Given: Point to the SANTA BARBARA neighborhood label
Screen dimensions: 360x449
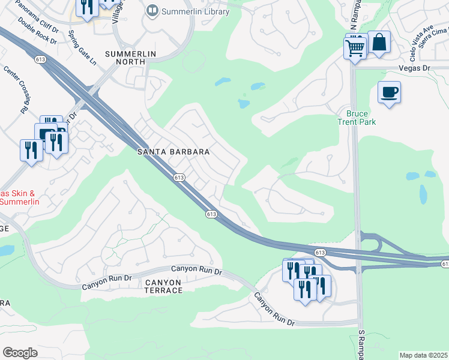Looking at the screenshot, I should click(173, 152).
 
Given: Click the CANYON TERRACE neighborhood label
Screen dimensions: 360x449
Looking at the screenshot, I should click(163, 286).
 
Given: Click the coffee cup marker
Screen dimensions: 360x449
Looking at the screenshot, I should click(389, 92).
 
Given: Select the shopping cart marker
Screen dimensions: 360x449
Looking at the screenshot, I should click(355, 47).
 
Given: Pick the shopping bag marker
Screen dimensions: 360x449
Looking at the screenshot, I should click(379, 42).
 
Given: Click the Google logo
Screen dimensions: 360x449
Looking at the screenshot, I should click(20, 353).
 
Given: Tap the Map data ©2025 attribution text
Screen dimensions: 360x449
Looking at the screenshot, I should click(424, 355).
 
